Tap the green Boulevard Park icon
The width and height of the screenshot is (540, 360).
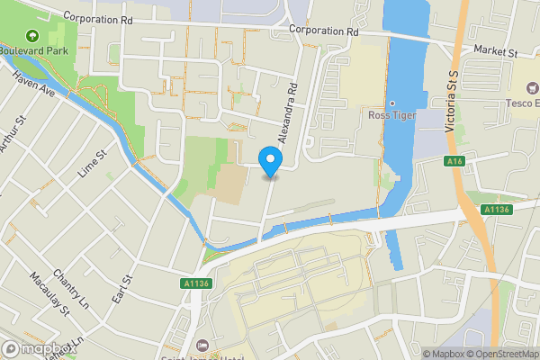(33, 37)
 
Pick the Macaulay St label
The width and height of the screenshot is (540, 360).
(49, 297)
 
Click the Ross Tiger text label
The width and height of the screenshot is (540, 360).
(392, 115)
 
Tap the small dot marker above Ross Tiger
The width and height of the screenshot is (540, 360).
(392, 103)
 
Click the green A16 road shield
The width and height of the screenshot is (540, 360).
(454, 161)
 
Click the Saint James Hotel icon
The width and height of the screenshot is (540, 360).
(202, 346)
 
